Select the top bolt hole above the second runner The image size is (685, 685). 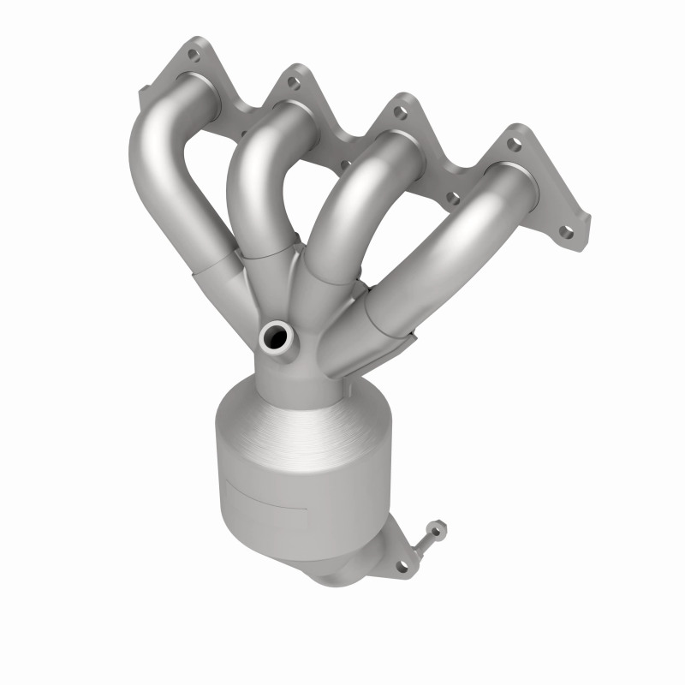pos(293,82)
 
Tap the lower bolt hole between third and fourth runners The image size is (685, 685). pos(453,199)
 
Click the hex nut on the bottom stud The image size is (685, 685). pos(434,528)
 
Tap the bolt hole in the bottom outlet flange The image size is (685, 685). pos(399,565)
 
